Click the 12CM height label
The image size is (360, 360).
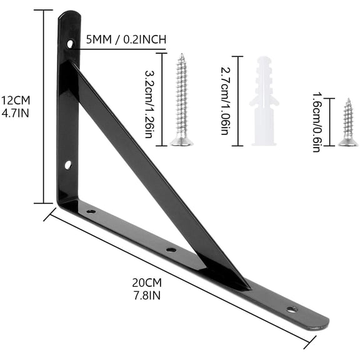16,100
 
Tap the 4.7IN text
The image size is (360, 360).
16,113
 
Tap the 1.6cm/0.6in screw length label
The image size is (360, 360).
317,122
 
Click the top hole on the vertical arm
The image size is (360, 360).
71,44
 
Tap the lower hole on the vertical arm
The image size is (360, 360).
68,165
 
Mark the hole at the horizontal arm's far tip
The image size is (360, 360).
291,309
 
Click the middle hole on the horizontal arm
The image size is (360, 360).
171,249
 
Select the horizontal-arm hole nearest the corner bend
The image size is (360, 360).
91,211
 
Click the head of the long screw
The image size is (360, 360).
182,141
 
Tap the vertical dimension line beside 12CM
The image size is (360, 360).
44,106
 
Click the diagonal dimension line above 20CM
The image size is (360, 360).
181,279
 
